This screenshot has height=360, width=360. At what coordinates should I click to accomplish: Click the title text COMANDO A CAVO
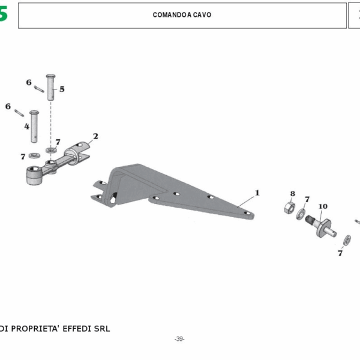[x=182, y=15]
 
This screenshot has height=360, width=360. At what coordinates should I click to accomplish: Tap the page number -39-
[x=179, y=339]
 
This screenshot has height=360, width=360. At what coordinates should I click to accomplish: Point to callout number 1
[x=257, y=193]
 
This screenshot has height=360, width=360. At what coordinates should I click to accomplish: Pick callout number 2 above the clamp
[x=95, y=137]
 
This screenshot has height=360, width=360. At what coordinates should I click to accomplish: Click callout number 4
[x=26, y=127]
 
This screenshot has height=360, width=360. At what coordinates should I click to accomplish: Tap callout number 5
[x=62, y=89]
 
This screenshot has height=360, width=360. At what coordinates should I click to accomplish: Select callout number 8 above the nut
[x=293, y=194]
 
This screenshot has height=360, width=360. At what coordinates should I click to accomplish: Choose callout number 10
[x=323, y=206]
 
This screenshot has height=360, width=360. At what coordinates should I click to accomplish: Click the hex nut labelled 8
[x=288, y=208]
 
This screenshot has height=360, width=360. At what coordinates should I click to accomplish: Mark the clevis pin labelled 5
[x=50, y=89]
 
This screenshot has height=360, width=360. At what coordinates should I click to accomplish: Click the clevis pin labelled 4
[x=35, y=125]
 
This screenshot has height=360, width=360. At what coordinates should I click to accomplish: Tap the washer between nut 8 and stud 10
[x=302, y=214]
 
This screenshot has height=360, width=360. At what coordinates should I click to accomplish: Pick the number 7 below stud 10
[x=340, y=253]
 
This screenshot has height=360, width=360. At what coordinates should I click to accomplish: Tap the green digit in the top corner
[x=4, y=14]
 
